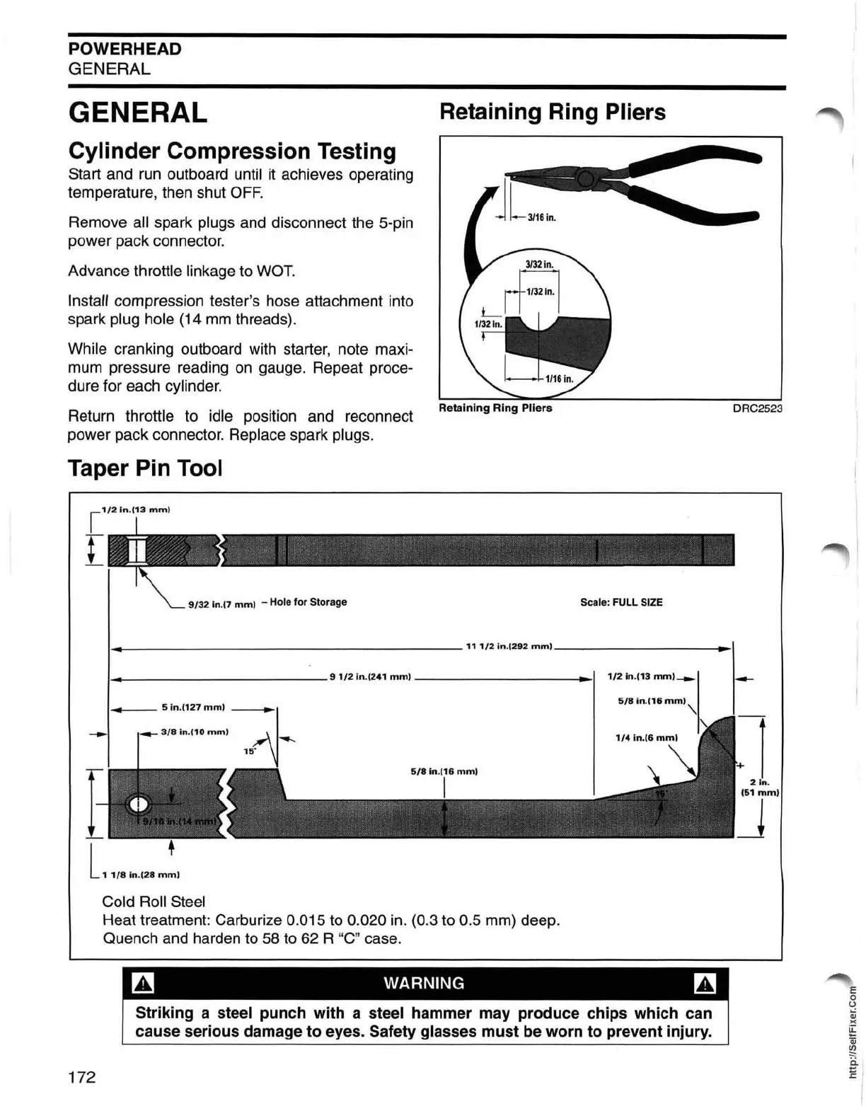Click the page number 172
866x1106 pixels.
coord(81,1077)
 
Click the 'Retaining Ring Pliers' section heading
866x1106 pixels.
coord(552,112)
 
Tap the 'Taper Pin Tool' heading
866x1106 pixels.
coord(145,468)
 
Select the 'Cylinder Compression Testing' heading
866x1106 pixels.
coord(232,151)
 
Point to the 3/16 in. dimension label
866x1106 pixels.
coord(541,217)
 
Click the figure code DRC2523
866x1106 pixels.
coord(757,408)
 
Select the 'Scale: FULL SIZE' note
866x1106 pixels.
coord(621,602)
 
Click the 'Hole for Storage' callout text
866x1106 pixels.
coord(308,602)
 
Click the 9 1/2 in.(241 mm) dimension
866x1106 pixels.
coord(370,677)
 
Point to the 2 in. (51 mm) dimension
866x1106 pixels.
coord(760,788)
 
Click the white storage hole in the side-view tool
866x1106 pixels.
coord(138,804)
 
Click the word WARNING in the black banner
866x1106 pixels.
coord(424,983)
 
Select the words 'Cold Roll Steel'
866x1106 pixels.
coord(154,901)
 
